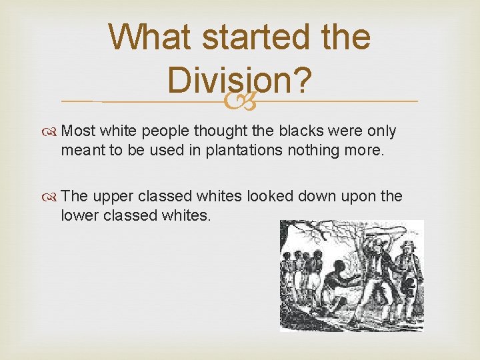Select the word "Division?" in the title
[x=239, y=81]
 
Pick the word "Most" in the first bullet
[x=78, y=131]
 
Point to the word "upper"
[x=112, y=196]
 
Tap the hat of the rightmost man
[x=407, y=245]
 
